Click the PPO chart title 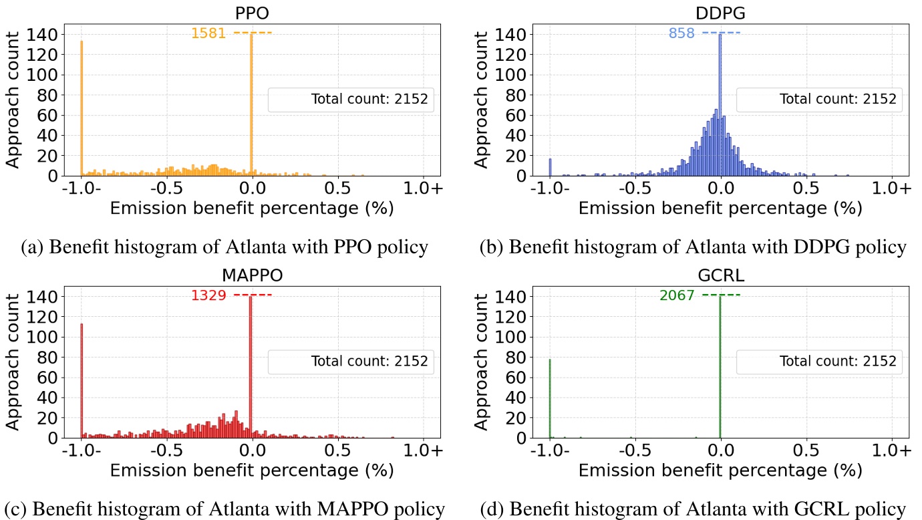pos(251,13)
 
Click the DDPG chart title pos(720,13)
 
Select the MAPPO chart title pos(251,275)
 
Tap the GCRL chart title pos(720,275)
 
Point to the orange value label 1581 pos(208,33)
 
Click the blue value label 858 pos(681,33)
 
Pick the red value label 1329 pos(208,295)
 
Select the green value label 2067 pos(677,295)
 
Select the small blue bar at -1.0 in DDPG pos(550,168)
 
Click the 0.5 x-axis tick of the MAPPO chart pos(337,451)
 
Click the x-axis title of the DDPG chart pos(720,209)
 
